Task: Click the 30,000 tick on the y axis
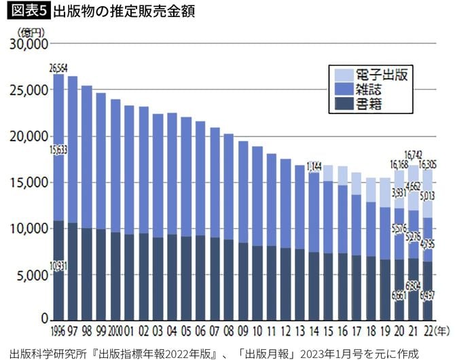[x=28, y=44]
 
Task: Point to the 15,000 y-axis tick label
[x=28, y=182]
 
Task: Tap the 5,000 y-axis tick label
[x=31, y=274]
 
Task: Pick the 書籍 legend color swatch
[x=341, y=105]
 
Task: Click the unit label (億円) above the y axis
[x=30, y=32]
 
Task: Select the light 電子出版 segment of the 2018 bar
[x=371, y=190]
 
